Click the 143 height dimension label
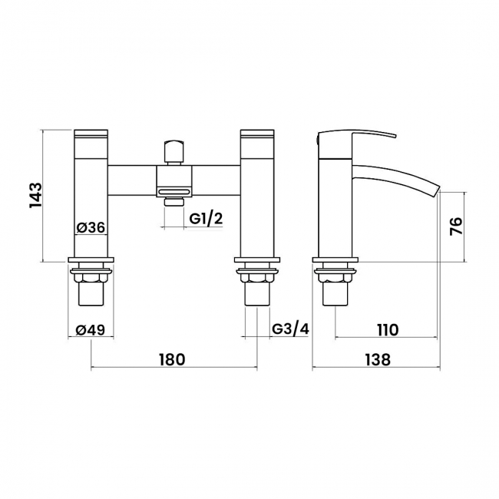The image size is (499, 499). click(35, 196)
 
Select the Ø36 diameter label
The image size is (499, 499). click(91, 227)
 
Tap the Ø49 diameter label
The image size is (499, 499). click(91, 330)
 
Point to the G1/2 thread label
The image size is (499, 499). click(207, 219)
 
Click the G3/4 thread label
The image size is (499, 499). click(291, 329)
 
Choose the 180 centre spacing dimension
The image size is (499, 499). click(172, 359)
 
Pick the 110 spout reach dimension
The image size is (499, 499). click(387, 330)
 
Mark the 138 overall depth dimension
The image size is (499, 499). click(377, 359)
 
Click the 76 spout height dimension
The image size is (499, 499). click(456, 226)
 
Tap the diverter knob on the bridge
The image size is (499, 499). click(173, 151)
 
